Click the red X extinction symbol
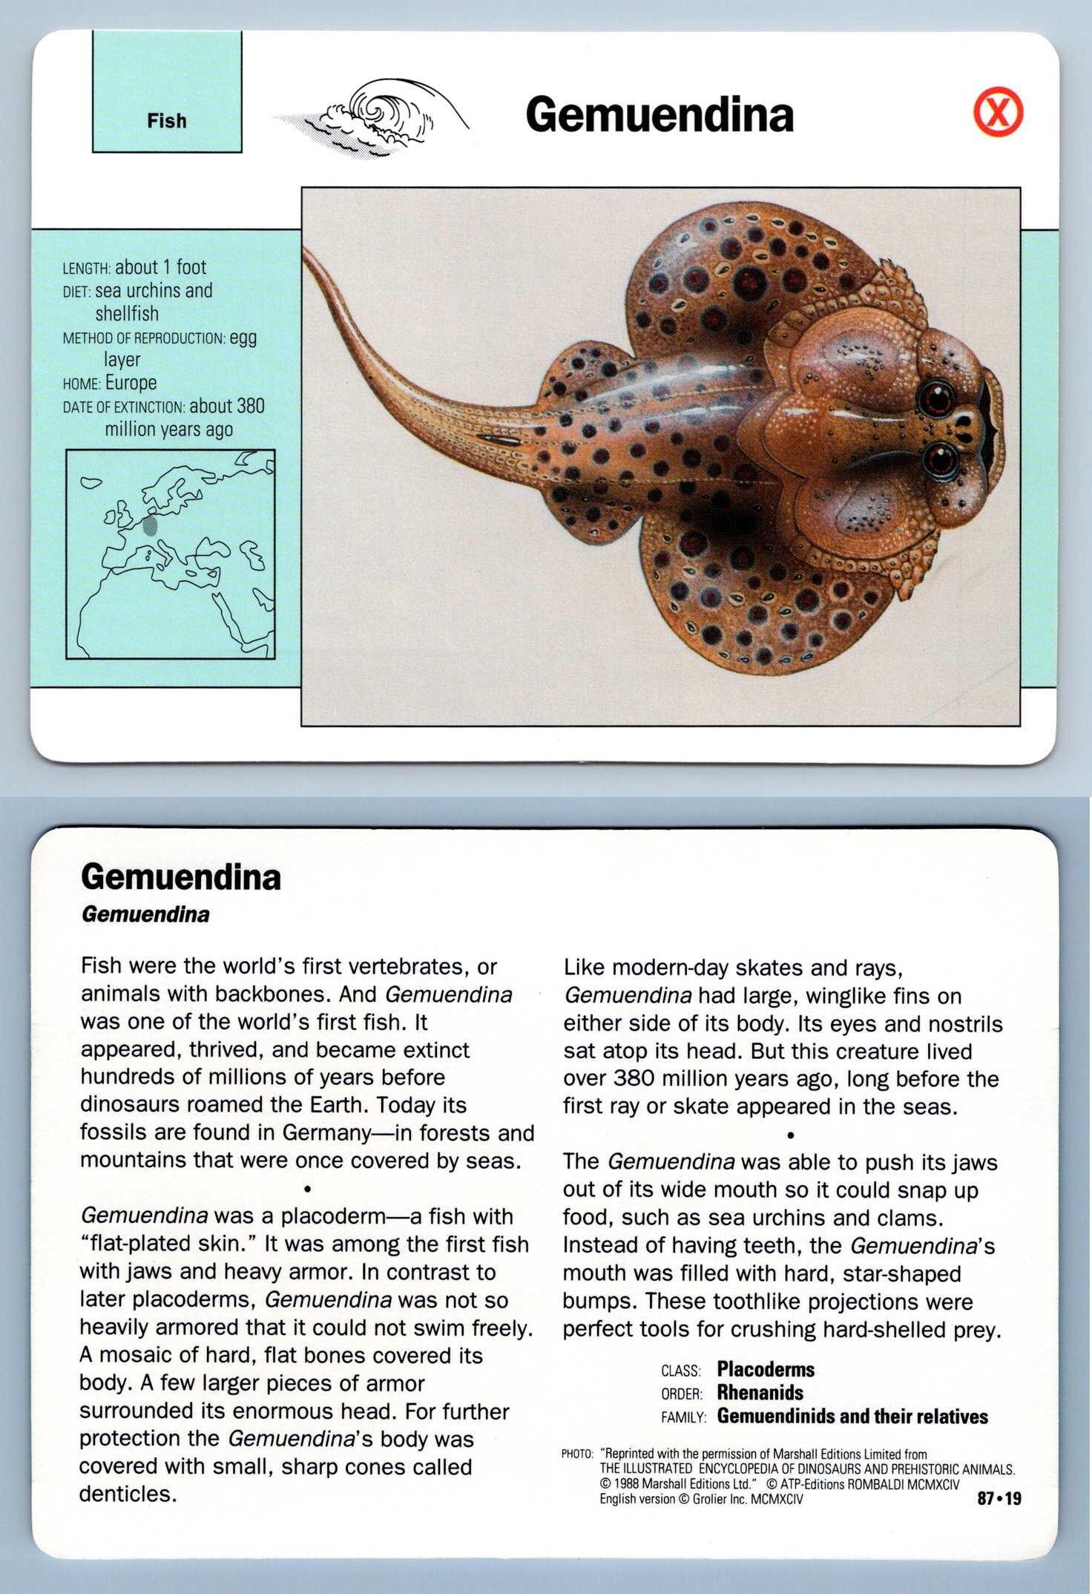click(998, 115)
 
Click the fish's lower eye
click(941, 461)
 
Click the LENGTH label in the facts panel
click(87, 269)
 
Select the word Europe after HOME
click(131, 383)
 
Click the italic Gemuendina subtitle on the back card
click(145, 914)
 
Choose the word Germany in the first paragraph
click(327, 1132)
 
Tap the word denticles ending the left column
click(128, 1494)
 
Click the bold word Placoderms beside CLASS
click(766, 1370)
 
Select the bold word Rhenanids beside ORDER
click(760, 1393)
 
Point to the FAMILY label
click(683, 1418)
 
